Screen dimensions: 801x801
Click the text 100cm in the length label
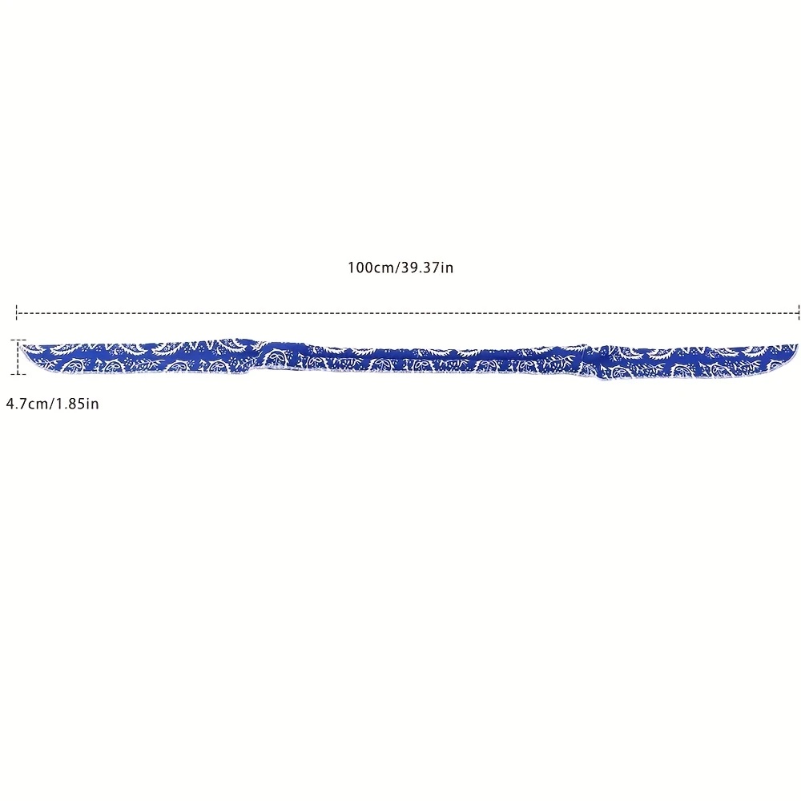[x=371, y=268]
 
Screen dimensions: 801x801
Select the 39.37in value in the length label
[x=427, y=268]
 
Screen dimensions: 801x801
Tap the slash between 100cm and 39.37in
[x=397, y=268]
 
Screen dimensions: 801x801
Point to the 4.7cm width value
[x=26, y=404]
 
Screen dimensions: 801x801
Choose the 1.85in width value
[x=77, y=404]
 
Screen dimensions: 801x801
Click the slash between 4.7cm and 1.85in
[x=51, y=404]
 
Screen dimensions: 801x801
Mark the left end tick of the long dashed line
[x=17, y=312]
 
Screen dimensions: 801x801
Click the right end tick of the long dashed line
[x=799, y=312]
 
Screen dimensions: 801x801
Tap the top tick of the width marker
[x=18, y=340]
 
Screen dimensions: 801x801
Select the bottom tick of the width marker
[x=18, y=374]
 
